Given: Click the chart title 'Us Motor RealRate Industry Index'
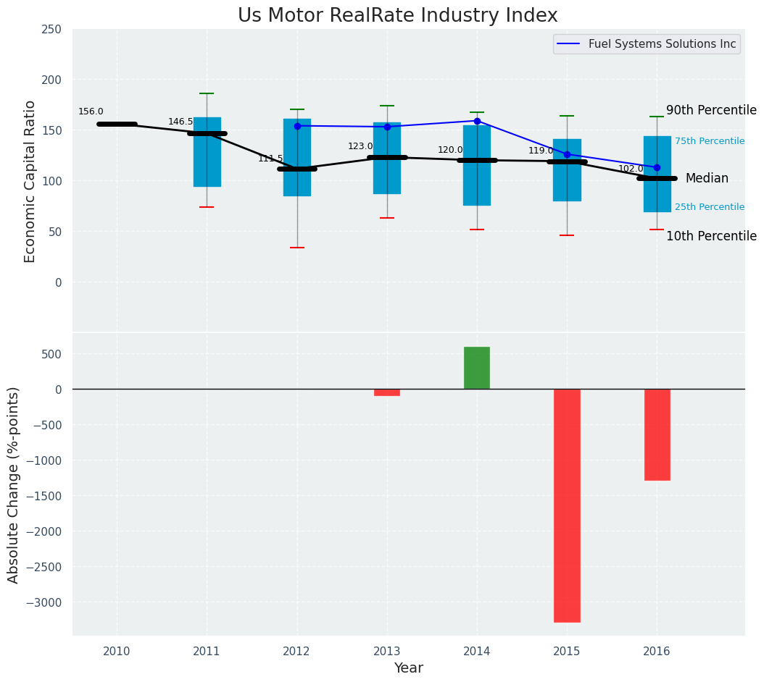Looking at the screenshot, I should (x=398, y=16).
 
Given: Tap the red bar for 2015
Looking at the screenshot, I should (x=567, y=505).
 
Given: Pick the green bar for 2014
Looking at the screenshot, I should (x=477, y=368).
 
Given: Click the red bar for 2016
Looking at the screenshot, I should (x=657, y=434).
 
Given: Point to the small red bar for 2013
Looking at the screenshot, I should (x=387, y=392).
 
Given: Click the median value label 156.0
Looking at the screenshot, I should (x=91, y=111).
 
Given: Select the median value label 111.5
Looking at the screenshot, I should (x=270, y=159).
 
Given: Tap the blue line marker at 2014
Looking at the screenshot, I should (x=477, y=121).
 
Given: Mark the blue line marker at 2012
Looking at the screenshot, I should (x=297, y=126).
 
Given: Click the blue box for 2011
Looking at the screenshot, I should (x=207, y=152).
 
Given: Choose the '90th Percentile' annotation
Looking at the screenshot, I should (x=711, y=110).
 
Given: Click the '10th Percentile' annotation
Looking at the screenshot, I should (x=711, y=236).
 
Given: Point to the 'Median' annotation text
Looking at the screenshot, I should (x=707, y=178).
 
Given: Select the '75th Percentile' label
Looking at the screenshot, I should (x=710, y=141).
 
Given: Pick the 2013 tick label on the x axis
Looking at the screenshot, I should (x=387, y=652).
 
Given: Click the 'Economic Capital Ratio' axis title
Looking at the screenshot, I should (x=30, y=181).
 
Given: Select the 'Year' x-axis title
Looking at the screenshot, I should (x=408, y=668).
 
